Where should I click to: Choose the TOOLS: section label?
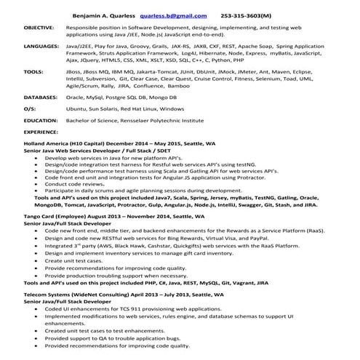coord(33,73)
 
